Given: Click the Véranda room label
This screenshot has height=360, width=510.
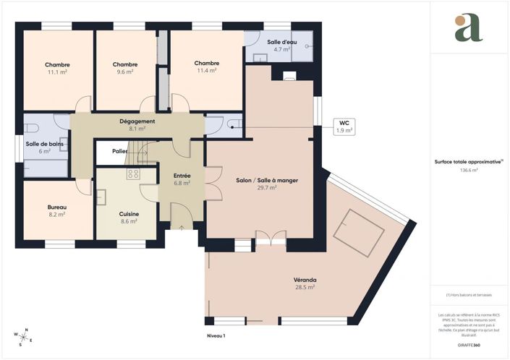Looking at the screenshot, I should [x=305, y=280].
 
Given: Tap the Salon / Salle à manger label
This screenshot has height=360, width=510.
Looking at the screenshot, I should [x=268, y=180].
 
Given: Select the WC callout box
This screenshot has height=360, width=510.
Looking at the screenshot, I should [x=343, y=127].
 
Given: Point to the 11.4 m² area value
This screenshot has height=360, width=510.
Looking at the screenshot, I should [x=206, y=71].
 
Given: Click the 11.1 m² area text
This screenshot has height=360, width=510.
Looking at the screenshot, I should [x=57, y=72].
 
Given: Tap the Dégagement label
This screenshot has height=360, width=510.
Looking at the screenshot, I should [x=137, y=121].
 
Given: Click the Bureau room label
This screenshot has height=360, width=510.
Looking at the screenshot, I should [x=56, y=206].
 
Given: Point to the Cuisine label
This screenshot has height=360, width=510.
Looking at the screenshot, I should [x=129, y=214].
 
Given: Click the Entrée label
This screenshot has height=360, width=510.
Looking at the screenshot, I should [x=182, y=176].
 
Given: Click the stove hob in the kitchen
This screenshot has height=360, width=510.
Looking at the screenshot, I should [x=132, y=173].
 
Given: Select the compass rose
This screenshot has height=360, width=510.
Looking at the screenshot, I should [x=22, y=337].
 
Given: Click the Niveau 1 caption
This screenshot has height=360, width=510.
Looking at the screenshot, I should [x=215, y=336].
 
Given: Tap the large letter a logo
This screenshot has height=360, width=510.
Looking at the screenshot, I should [x=468, y=28].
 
